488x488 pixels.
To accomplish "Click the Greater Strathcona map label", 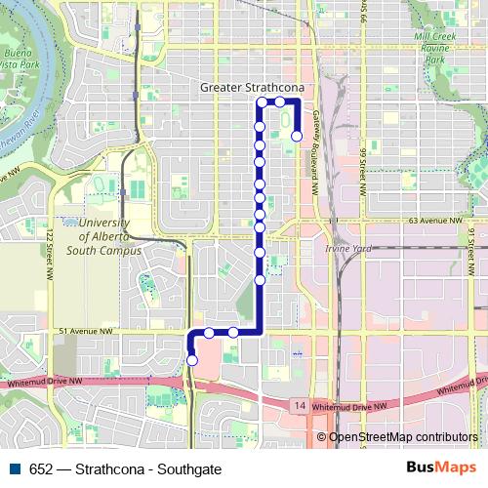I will click(x=252, y=87).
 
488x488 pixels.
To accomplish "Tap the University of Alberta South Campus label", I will click(x=102, y=236).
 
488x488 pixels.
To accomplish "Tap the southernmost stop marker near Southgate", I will click(x=191, y=360).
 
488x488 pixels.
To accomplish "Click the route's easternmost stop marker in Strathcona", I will click(x=296, y=137).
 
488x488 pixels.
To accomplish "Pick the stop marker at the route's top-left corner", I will click(x=261, y=102).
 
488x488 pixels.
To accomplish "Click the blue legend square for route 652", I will click(x=15, y=468).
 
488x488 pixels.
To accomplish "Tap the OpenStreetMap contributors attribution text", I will click(x=403, y=437).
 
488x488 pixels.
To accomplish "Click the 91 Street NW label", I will click(x=470, y=240).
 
